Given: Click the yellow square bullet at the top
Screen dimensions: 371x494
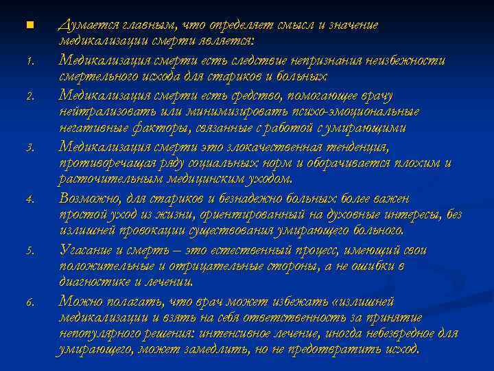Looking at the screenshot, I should [29, 25].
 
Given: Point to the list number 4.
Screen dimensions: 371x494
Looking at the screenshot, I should [30, 199].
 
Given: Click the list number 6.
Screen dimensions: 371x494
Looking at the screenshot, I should [30, 302].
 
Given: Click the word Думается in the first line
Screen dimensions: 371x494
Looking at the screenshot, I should [86, 25].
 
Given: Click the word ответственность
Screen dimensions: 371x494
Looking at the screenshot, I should [259, 317].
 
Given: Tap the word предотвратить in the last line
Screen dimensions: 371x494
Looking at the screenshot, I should [340, 349].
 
